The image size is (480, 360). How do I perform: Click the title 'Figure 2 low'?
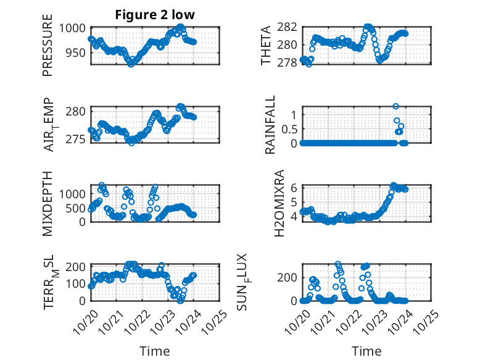coord(155,15)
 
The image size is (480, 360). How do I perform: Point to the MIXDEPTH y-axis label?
coord(48,203)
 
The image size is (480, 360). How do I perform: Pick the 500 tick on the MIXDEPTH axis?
coord(78,207)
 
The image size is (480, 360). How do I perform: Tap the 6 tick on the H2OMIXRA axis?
coord(295,188)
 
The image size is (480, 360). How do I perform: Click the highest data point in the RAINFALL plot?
coord(395,106)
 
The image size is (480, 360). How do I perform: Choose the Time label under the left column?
coord(155,351)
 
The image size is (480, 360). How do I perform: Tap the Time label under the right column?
coord(366,351)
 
